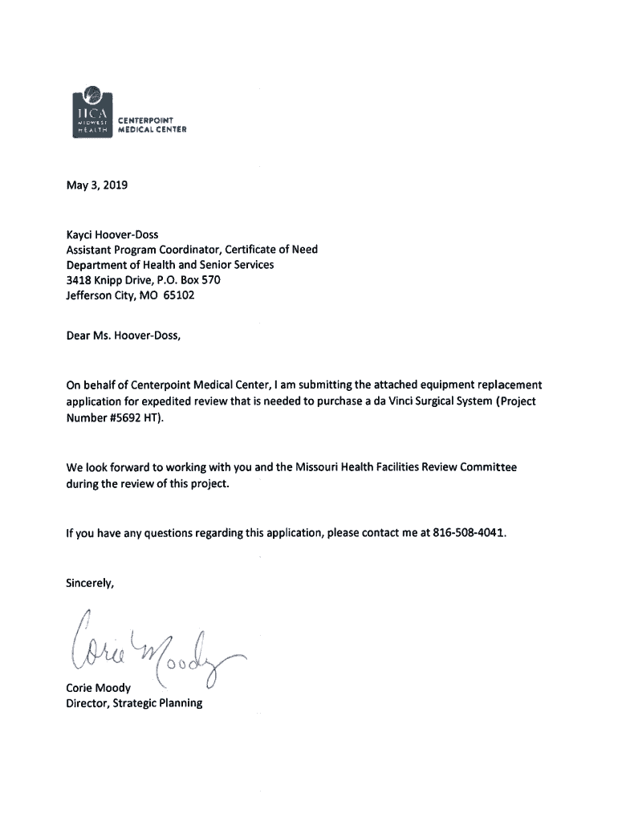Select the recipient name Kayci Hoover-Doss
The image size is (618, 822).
(112, 235)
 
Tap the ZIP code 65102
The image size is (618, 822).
(177, 295)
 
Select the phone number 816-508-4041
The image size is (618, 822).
(470, 532)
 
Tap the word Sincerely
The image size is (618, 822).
(91, 583)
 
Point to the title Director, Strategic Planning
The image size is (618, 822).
(134, 703)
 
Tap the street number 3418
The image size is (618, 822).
(79, 280)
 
